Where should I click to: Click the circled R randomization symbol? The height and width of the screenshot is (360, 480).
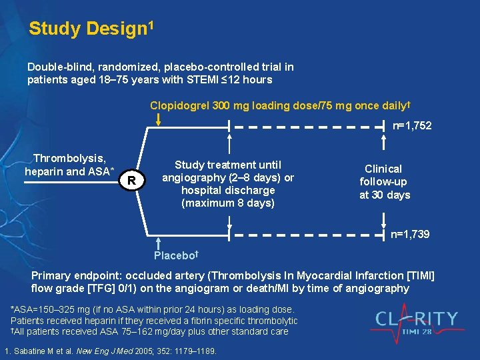132,181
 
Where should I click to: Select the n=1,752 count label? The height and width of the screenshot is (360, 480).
411,125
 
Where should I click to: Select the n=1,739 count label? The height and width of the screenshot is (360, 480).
409,234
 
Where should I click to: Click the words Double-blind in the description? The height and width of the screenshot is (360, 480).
56,67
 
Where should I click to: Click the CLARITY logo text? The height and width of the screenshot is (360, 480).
416,318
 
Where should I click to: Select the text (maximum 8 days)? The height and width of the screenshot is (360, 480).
228,203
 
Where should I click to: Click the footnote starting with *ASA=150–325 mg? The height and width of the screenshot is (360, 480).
152,309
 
